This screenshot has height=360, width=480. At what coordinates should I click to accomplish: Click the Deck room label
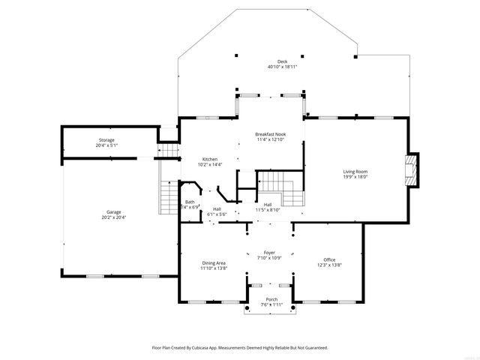coord(282,61)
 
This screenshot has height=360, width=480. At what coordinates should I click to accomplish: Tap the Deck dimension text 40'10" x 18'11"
coord(282,67)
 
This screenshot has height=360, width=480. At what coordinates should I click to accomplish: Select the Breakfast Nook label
coord(270,134)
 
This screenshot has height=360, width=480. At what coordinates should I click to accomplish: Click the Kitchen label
coord(209,159)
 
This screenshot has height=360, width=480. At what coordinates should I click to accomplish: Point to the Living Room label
coord(355,172)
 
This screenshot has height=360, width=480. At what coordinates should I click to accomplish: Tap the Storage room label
coord(106,140)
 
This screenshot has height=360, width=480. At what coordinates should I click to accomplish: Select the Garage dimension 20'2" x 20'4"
coord(114,217)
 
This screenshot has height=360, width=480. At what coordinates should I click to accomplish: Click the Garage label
coord(114,212)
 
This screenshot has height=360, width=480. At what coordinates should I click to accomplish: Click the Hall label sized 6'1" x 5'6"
coord(217,209)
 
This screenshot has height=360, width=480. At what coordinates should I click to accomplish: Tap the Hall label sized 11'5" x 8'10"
coord(267,205)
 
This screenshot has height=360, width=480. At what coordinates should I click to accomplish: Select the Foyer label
coord(269,253)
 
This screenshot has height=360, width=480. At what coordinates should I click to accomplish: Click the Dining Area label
coord(214,262)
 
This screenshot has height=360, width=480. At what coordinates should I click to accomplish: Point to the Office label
coord(329,259)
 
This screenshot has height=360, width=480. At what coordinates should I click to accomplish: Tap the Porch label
coord(271,299)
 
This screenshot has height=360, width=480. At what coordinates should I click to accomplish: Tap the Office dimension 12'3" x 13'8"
coord(329,265)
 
